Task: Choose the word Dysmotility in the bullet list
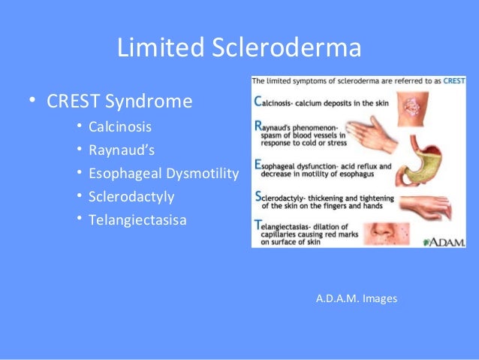tap(205, 174)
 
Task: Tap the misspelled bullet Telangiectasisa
tap(137, 221)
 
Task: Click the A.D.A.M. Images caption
tap(357, 298)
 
